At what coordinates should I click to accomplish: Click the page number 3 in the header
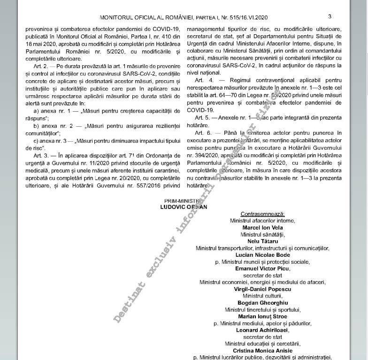(x=330, y=16)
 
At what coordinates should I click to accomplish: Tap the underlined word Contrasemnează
(x=262, y=214)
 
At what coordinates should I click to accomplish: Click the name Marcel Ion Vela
(x=262, y=227)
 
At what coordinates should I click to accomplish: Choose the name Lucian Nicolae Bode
(x=262, y=255)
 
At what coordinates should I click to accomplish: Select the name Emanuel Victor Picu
(x=262, y=268)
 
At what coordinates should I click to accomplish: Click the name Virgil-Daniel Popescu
(x=262, y=289)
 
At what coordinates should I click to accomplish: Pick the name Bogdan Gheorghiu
(x=262, y=303)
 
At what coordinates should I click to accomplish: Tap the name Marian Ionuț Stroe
(x=262, y=317)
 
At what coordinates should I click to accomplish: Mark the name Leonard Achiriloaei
(x=262, y=330)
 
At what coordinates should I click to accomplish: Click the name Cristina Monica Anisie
(x=262, y=351)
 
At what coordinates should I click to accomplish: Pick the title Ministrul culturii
(x=262, y=296)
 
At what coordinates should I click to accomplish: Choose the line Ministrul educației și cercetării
(x=262, y=344)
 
